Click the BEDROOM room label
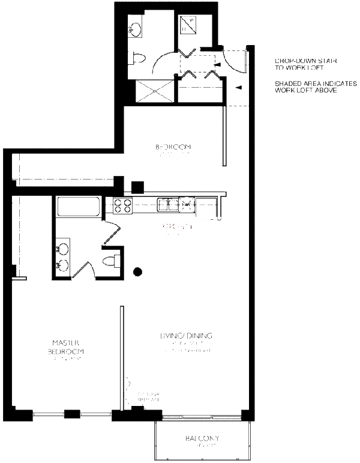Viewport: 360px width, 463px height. [173, 147]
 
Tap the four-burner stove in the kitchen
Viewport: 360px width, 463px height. [122, 206]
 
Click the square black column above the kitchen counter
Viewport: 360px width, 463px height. [138, 186]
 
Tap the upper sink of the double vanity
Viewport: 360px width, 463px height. [62, 248]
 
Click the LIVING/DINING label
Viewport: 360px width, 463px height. [185, 336]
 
